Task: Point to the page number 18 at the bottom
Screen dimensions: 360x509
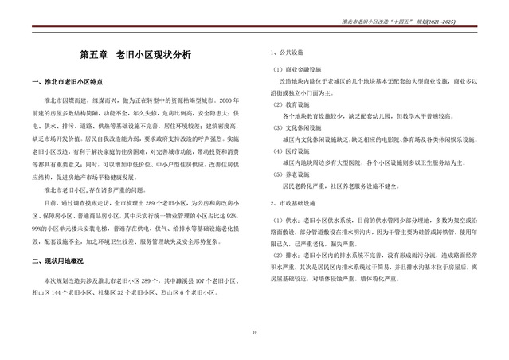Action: (254, 331)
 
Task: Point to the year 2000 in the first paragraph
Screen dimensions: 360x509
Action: (228, 102)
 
